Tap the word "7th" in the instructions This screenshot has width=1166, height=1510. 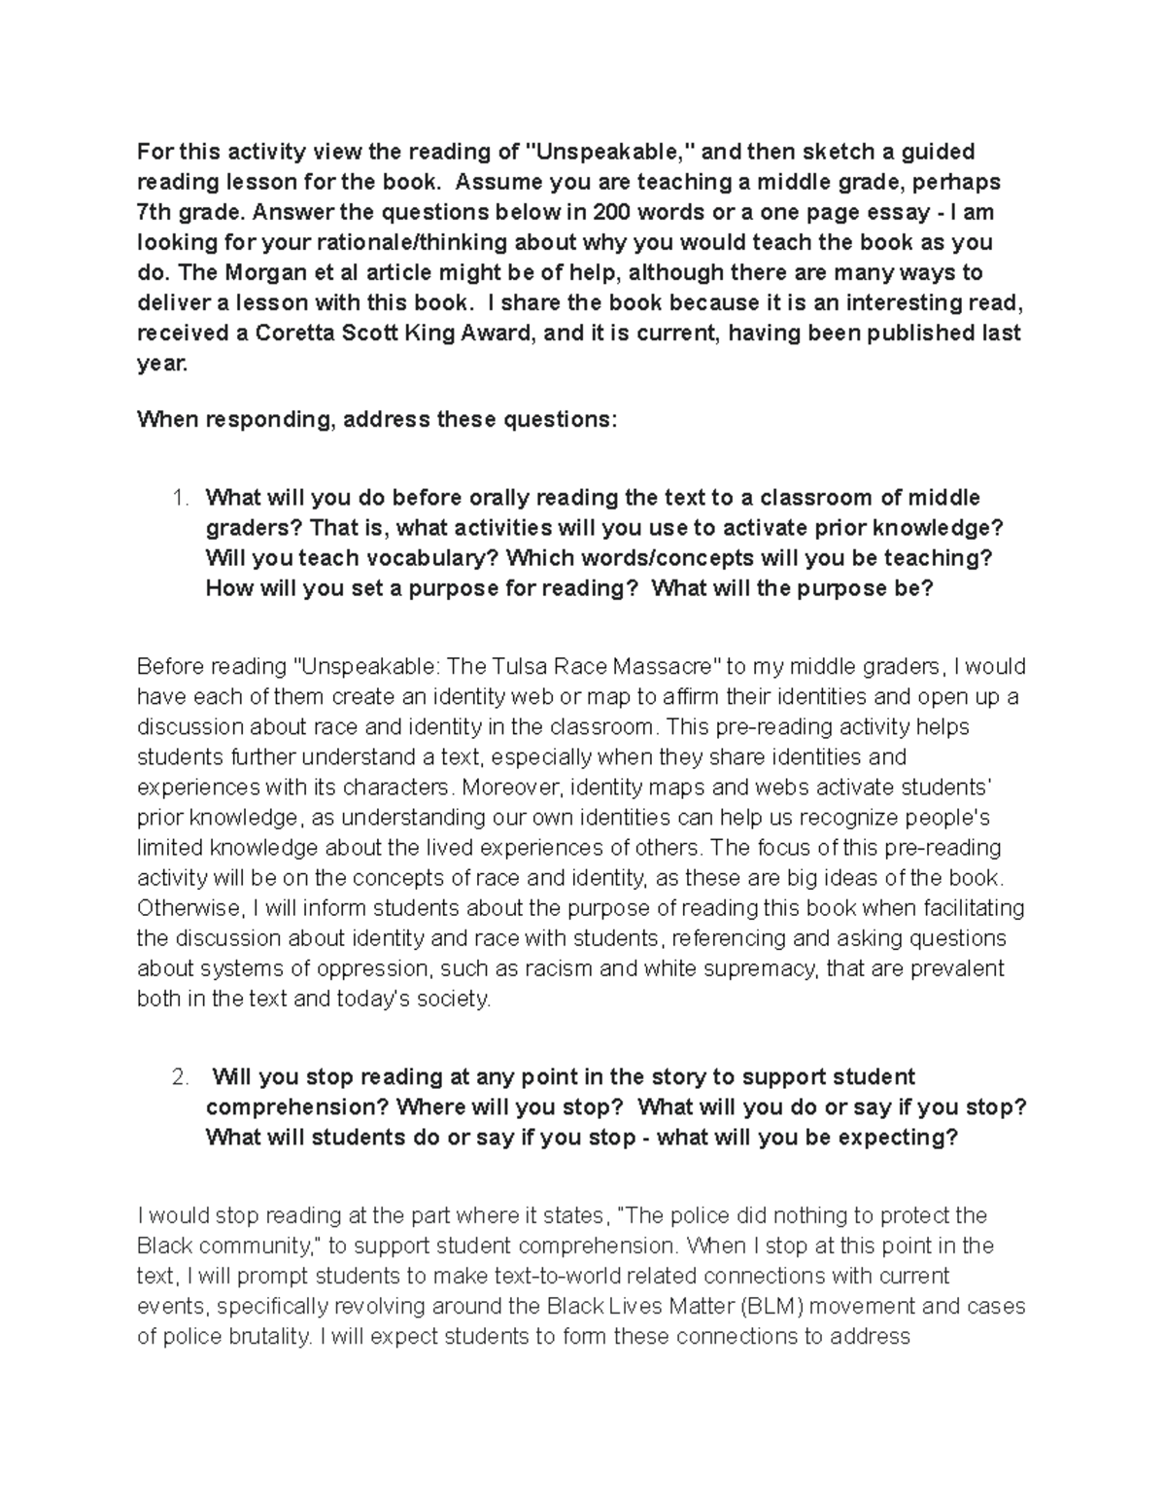pos(155,212)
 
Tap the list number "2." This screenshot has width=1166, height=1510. pos(180,1077)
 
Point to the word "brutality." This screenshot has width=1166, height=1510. pos(268,1336)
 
